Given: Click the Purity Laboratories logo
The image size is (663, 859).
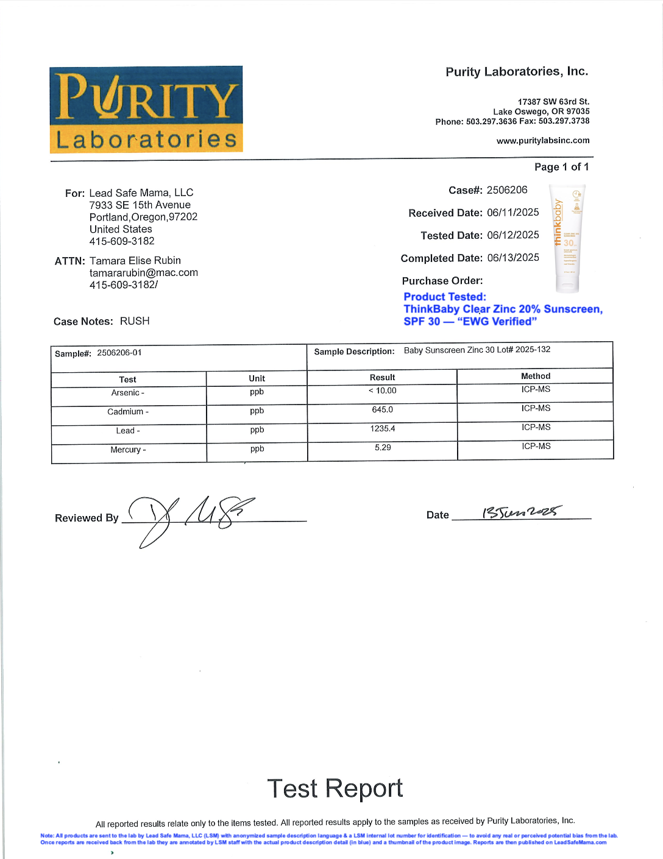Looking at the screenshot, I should (146, 109).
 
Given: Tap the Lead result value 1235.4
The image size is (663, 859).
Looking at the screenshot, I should (383, 428).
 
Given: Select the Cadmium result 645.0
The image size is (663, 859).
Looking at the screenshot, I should (383, 409).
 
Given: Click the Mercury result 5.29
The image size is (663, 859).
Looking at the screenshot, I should (383, 447).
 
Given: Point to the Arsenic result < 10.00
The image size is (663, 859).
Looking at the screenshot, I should (383, 391).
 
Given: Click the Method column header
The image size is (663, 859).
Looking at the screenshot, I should (536, 376).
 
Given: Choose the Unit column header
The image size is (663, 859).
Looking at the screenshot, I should (257, 378).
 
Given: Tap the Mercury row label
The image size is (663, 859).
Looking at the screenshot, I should (128, 450).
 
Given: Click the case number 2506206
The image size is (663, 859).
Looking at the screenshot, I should (507, 190).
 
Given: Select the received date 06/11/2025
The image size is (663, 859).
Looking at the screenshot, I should (513, 213).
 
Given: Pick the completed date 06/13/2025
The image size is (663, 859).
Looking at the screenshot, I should (513, 258).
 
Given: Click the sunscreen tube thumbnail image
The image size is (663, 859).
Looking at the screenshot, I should (567, 238).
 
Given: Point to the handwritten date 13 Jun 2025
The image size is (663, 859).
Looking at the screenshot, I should (522, 512).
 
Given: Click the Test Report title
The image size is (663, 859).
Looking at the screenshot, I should (335, 788).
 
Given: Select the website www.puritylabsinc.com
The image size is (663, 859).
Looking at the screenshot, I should (543, 141).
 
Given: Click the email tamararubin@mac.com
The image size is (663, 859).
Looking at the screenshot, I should (144, 273).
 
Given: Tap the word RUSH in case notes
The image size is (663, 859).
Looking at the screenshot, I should (135, 321).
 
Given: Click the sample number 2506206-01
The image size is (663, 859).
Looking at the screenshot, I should (119, 353).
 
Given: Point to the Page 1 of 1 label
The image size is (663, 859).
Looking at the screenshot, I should (561, 167).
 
